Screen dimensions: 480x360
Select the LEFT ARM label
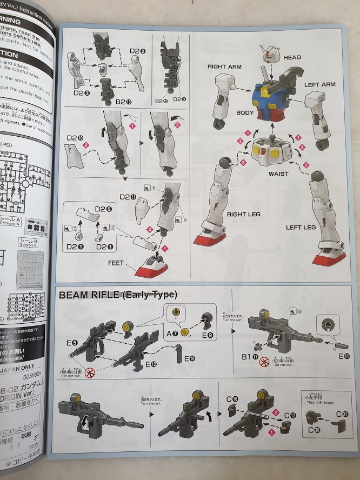[320, 85]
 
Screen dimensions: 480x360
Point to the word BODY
[245, 113]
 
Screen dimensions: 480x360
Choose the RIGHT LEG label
[244, 214]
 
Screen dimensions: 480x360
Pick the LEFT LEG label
[301, 228]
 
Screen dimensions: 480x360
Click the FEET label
[116, 263]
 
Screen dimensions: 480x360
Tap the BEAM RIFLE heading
[118, 295]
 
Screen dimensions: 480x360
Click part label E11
[344, 356]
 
